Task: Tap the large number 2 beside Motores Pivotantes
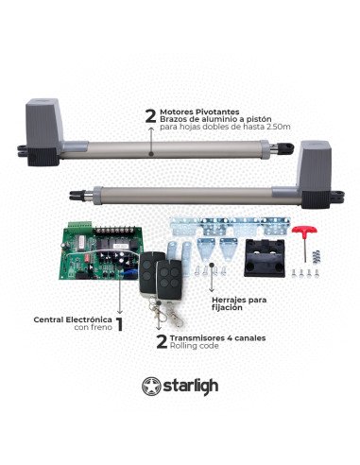pyautogui.click(x=148, y=115)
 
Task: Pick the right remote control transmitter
pyautogui.click(x=174, y=268)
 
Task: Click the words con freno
pyautogui.click(x=92, y=330)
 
